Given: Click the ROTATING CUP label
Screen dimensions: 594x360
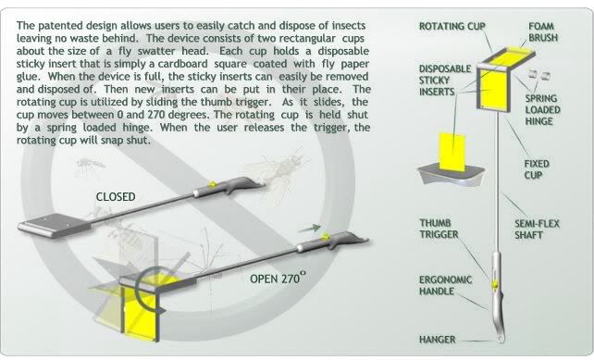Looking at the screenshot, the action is (452, 27).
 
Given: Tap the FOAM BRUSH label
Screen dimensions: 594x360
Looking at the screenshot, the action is (543, 32).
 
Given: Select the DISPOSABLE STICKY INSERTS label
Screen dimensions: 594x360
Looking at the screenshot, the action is (444, 81).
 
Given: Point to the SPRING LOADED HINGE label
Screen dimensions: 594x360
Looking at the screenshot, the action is (542, 110).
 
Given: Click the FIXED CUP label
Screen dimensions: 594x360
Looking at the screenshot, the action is (537, 169).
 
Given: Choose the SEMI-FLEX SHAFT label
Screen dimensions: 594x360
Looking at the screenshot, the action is (537, 230).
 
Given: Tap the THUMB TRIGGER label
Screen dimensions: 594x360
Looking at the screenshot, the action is (439, 229).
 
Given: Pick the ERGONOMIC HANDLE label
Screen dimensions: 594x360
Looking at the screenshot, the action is (446, 285).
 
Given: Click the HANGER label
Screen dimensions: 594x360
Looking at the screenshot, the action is (437, 340).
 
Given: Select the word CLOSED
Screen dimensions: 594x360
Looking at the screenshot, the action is (116, 197).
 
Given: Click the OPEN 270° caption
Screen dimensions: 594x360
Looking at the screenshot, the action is (278, 278).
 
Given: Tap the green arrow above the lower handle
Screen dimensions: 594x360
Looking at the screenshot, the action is (309, 229).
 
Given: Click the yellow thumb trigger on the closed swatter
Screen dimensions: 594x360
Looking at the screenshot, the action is (213, 184).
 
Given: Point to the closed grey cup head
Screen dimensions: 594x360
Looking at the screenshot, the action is (54, 225).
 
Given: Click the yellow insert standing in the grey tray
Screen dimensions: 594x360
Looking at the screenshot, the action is (452, 152).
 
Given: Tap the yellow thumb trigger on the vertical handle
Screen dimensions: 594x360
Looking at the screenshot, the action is (494, 284).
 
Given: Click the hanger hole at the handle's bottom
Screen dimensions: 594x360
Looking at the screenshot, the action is (501, 337).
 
